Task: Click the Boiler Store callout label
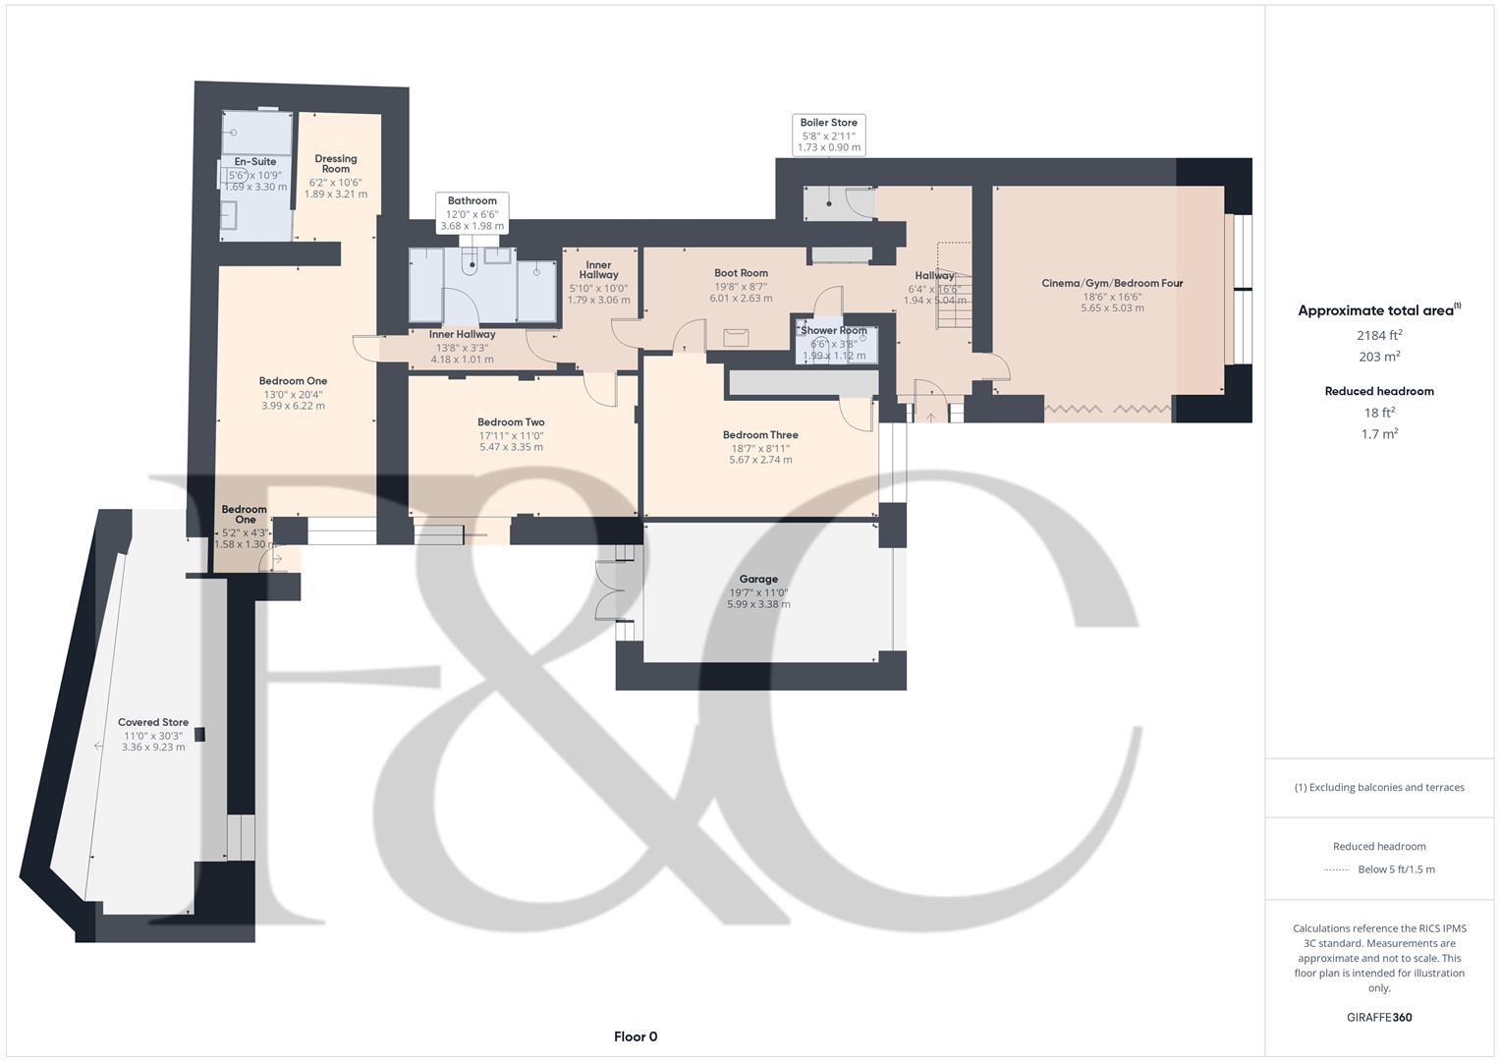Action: [x=828, y=124]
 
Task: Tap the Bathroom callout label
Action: [x=472, y=201]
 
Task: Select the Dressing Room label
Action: [x=336, y=164]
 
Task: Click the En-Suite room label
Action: [x=255, y=162]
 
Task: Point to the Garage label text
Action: [x=758, y=580]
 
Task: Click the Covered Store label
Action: [x=153, y=722]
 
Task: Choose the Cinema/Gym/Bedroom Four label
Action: [x=1112, y=284]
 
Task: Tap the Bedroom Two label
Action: [x=511, y=422]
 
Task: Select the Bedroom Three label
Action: [x=760, y=435]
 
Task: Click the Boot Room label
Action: [x=741, y=274]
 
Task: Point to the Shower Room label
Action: [x=834, y=331]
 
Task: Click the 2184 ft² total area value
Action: [x=1378, y=335]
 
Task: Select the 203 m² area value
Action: [x=1378, y=357]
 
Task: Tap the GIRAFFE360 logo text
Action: [x=1378, y=1018]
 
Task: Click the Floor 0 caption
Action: [x=636, y=1036]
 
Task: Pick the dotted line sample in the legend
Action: [x=1337, y=869]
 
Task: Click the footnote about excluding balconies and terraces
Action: [x=1378, y=787]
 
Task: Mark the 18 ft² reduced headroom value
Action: [x=1378, y=413]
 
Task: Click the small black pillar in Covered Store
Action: [x=201, y=734]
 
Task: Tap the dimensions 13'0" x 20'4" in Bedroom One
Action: [x=293, y=394]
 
